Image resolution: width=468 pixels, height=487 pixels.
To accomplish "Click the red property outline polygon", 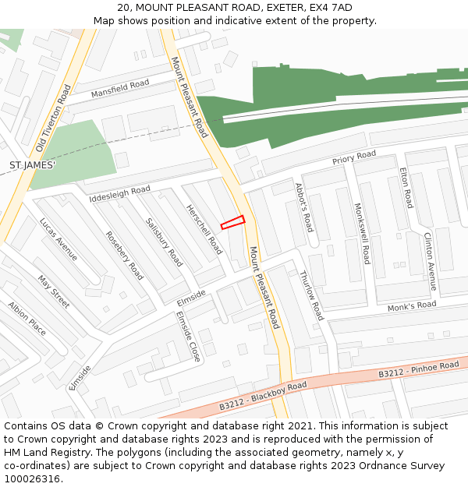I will point(232,222).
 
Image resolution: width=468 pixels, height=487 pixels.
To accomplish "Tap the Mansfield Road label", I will point(119,89).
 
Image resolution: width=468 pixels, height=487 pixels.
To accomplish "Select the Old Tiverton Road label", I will point(51,129).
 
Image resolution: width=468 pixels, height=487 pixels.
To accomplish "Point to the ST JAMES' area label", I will point(32,165).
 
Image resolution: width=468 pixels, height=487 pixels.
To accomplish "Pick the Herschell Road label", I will point(204,230).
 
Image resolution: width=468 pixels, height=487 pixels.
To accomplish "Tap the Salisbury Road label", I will point(164,242).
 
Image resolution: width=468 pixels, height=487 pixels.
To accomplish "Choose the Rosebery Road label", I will point(125,256).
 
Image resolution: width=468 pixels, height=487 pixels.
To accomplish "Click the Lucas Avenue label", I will point(58,239).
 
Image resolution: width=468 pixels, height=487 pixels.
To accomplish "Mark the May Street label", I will point(54,291).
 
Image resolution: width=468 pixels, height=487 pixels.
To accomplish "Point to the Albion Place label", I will point(27,318).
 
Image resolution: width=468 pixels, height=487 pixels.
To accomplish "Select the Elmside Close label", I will point(188,337).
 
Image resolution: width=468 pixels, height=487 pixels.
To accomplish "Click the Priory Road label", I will point(354,157).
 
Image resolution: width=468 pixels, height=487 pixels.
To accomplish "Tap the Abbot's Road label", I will point(303,207).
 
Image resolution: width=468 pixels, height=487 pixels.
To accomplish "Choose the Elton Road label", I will point(406,187).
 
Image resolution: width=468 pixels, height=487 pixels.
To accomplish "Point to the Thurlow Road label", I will point(311,295).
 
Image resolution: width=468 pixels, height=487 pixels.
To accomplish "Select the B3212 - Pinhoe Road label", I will point(419,369).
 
